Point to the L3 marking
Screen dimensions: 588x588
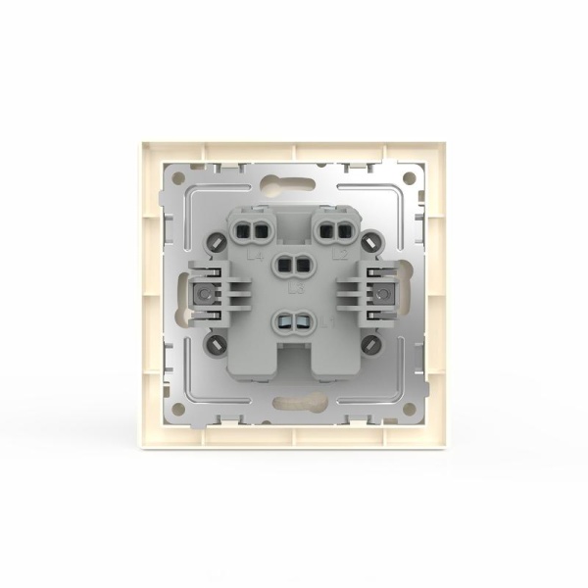tap(294, 291)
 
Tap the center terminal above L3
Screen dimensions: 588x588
tap(292, 265)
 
